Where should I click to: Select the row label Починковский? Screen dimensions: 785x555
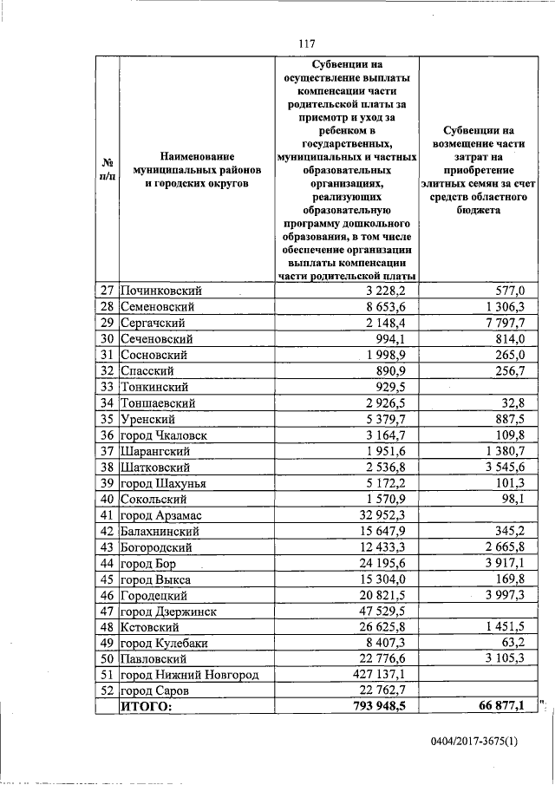point(156,291)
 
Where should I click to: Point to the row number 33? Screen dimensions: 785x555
point(108,387)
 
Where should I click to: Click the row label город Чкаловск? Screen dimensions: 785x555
point(165,435)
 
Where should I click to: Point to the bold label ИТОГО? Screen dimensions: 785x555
point(147,708)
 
